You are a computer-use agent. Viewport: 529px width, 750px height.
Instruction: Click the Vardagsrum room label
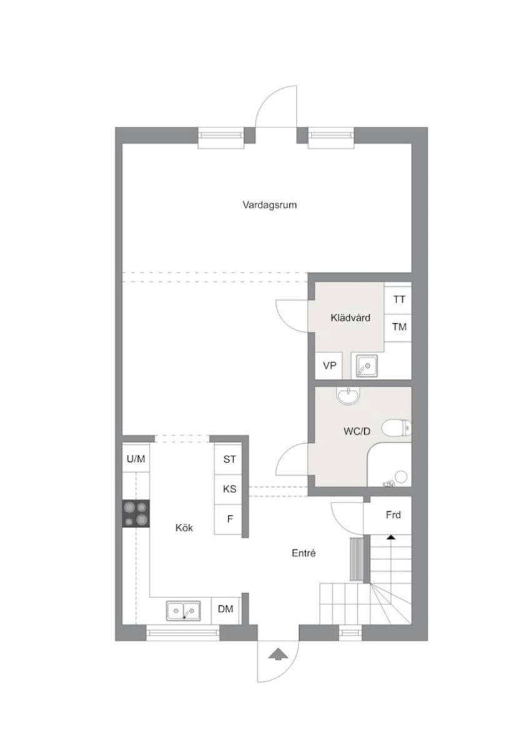[x=269, y=204]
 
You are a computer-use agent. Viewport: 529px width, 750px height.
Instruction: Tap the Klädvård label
[x=350, y=318]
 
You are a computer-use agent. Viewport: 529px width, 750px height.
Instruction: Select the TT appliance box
[x=398, y=299]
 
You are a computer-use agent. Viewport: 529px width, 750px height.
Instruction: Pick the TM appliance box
[x=398, y=327]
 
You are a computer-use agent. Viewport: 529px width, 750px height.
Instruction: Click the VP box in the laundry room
[x=329, y=366]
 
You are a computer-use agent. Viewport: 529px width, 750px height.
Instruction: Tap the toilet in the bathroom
[x=397, y=428]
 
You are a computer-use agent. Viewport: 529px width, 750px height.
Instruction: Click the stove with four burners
[x=136, y=513]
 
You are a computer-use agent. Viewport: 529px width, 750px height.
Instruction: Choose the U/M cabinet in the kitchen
[x=136, y=459]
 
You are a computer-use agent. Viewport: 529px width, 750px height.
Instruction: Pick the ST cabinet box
[x=229, y=459]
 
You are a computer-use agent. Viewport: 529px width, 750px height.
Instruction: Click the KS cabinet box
[x=229, y=489]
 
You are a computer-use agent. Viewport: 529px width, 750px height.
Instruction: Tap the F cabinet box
[x=229, y=518]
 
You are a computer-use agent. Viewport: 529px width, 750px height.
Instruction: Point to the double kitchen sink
[x=183, y=609]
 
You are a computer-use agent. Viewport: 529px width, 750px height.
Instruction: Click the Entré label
[x=304, y=553]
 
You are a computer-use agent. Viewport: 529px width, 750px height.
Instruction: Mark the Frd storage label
[x=393, y=516]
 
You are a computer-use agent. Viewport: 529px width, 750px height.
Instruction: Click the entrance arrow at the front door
[x=275, y=654]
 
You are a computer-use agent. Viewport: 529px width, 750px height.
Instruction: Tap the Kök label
[x=184, y=528]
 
